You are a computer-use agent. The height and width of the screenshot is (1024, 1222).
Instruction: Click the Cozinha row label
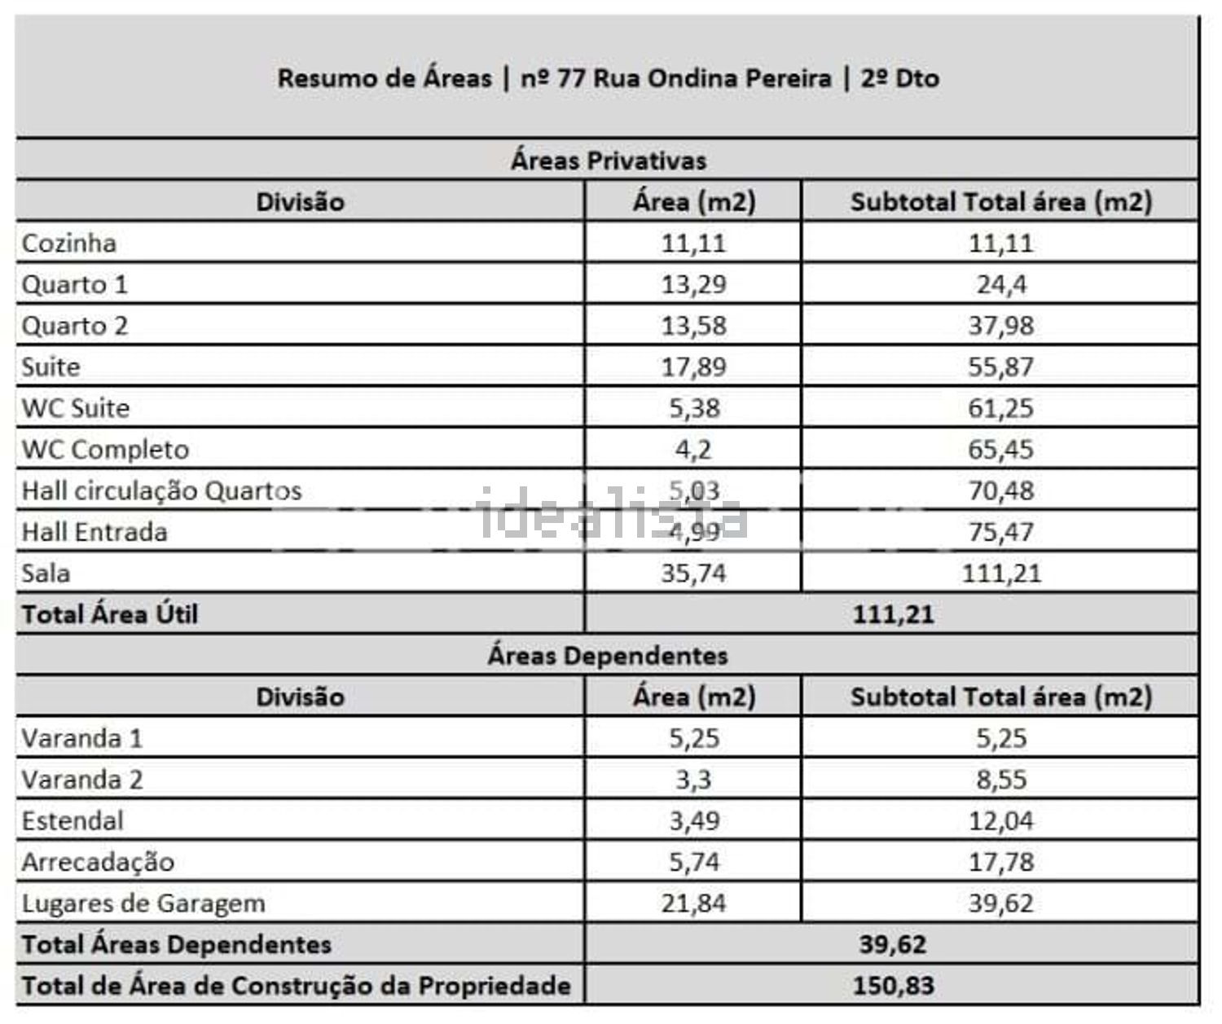click(69, 244)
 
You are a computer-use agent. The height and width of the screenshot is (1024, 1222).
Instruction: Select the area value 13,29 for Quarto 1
click(693, 284)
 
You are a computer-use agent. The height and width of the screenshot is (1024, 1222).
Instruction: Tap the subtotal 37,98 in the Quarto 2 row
click(1000, 326)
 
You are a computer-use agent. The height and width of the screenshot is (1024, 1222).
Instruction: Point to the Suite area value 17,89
click(693, 367)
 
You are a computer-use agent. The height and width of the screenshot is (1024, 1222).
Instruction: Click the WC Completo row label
click(105, 450)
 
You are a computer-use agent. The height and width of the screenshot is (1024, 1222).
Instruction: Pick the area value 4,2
click(693, 450)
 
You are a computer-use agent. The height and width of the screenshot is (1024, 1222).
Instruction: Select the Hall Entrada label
click(95, 532)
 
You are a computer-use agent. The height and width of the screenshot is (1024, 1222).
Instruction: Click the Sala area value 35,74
click(693, 574)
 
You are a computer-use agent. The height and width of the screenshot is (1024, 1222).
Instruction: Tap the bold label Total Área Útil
click(110, 614)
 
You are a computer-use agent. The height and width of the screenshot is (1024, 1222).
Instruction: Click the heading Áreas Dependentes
click(608, 656)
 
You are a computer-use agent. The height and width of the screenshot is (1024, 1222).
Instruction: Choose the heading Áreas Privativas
click(608, 160)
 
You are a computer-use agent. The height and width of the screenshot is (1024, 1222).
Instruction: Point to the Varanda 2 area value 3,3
click(693, 780)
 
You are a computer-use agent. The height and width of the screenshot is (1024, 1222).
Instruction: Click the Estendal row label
click(73, 820)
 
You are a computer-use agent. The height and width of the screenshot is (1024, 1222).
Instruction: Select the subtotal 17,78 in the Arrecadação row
click(1000, 862)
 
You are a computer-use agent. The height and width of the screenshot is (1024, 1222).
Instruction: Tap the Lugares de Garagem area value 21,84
click(693, 903)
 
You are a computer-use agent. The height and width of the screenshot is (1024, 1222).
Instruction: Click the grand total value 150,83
click(893, 986)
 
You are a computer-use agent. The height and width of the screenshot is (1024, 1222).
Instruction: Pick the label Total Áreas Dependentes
click(177, 944)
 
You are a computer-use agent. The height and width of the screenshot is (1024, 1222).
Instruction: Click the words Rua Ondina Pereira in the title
click(713, 78)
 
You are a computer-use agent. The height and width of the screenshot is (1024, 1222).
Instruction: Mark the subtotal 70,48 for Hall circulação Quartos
click(1000, 490)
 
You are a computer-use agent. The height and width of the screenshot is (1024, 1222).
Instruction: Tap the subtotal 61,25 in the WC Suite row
click(1000, 408)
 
